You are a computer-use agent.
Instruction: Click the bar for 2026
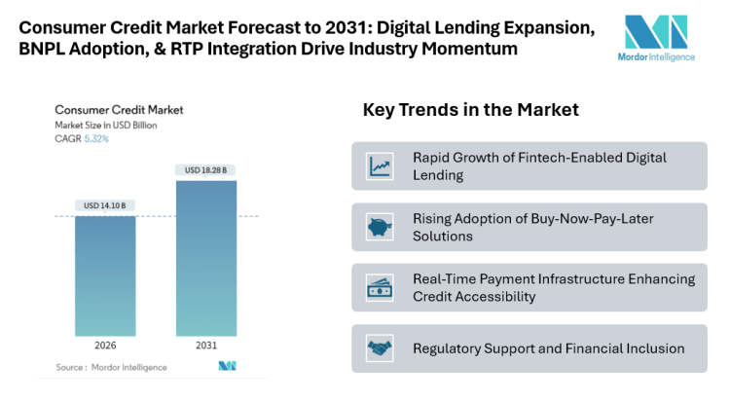tap(105, 276)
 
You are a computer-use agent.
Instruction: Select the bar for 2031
tap(206, 258)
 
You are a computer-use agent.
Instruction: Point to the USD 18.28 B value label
tap(206, 171)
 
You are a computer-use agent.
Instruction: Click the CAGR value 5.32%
tap(95, 139)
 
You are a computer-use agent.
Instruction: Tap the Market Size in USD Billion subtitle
tap(106, 126)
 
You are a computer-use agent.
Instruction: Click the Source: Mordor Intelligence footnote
tap(111, 367)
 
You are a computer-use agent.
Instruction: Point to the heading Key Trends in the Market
tap(471, 110)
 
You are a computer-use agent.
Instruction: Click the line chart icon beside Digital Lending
tap(379, 165)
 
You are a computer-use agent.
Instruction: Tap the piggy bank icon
tap(379, 227)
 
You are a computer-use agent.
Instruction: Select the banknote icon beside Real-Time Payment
tap(379, 287)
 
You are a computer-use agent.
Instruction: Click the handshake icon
tap(379, 348)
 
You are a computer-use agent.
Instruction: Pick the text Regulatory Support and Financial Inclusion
tap(548, 348)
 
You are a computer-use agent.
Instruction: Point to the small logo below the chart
tap(227, 366)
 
